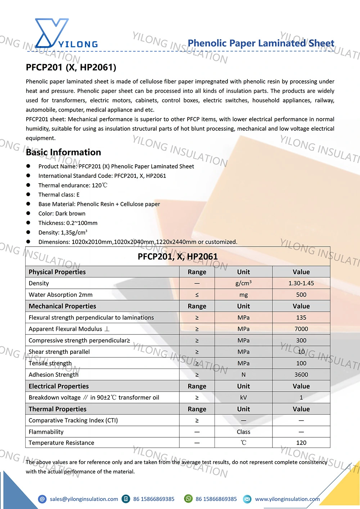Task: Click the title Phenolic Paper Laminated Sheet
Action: point(261,43)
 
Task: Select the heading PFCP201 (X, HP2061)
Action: point(71,67)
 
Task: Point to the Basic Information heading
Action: point(63,152)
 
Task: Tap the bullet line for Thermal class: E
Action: point(59,195)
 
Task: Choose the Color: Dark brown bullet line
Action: point(62,213)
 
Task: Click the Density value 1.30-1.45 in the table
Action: point(301,283)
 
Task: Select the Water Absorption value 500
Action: point(301,295)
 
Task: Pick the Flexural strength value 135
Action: point(301,317)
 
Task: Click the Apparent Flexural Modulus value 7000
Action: point(301,329)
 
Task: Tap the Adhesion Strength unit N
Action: point(243,375)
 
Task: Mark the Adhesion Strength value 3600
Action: point(301,375)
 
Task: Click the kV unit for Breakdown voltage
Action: point(243,397)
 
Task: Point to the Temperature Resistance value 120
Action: point(301,443)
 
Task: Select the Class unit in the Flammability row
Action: point(243,432)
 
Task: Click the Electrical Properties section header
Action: point(59,386)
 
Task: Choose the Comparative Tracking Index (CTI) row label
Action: point(73,420)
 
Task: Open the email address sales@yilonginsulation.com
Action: point(84,499)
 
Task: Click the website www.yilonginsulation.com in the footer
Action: point(287,499)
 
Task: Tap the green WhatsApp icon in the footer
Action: point(188,499)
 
